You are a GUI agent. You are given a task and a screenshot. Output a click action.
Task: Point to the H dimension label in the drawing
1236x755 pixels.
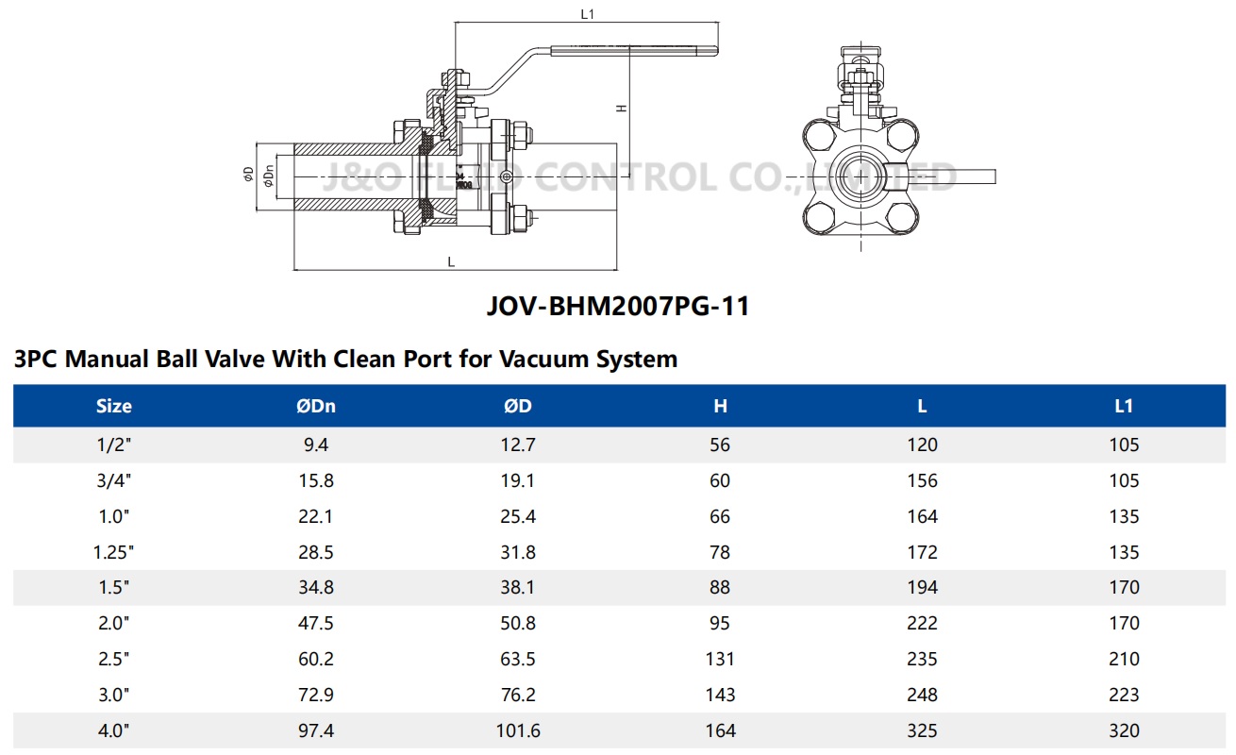[621, 108]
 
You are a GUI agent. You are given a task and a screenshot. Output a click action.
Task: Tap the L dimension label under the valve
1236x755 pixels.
[451, 262]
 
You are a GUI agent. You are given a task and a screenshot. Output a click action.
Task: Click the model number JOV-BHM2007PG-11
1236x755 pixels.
[618, 307]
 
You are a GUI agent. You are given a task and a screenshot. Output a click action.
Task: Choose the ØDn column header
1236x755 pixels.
[315, 406]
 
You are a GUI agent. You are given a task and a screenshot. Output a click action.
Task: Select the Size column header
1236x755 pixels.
[114, 406]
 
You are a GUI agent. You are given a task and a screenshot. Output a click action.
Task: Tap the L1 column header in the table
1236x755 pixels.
[1124, 406]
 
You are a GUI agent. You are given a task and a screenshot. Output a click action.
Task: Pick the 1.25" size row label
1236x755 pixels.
[114, 552]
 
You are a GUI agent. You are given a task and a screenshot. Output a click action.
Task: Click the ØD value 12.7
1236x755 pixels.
[517, 445]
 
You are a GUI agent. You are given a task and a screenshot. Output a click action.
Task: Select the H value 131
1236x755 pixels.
[720, 659]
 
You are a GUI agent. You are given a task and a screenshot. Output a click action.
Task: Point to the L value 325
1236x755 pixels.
[922, 730]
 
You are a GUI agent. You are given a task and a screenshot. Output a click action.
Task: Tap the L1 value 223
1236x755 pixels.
[1124, 695]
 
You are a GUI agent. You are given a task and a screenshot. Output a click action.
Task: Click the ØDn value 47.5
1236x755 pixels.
[315, 623]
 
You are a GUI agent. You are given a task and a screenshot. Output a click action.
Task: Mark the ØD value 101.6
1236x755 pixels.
[517, 730]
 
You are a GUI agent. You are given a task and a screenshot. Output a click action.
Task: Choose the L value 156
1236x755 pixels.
[922, 480]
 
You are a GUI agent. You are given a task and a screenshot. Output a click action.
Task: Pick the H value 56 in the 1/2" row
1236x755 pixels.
[720, 445]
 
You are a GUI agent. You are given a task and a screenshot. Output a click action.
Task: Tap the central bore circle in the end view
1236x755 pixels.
[860, 176]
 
